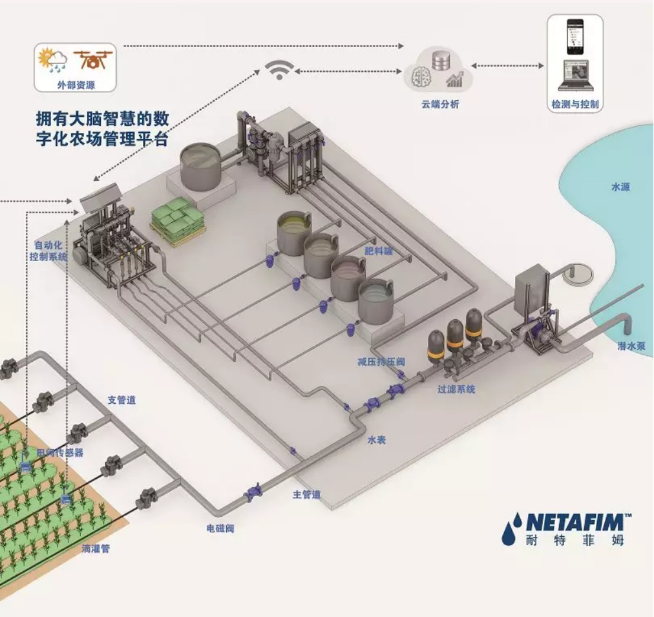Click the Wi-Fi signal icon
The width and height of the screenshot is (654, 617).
[280, 70]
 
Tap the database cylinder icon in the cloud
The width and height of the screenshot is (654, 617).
[442, 62]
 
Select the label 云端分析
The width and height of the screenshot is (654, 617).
[440, 105]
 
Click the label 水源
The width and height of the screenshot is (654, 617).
[620, 187]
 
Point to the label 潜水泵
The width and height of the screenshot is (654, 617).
[630, 347]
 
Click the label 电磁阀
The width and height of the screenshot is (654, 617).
[220, 528]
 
